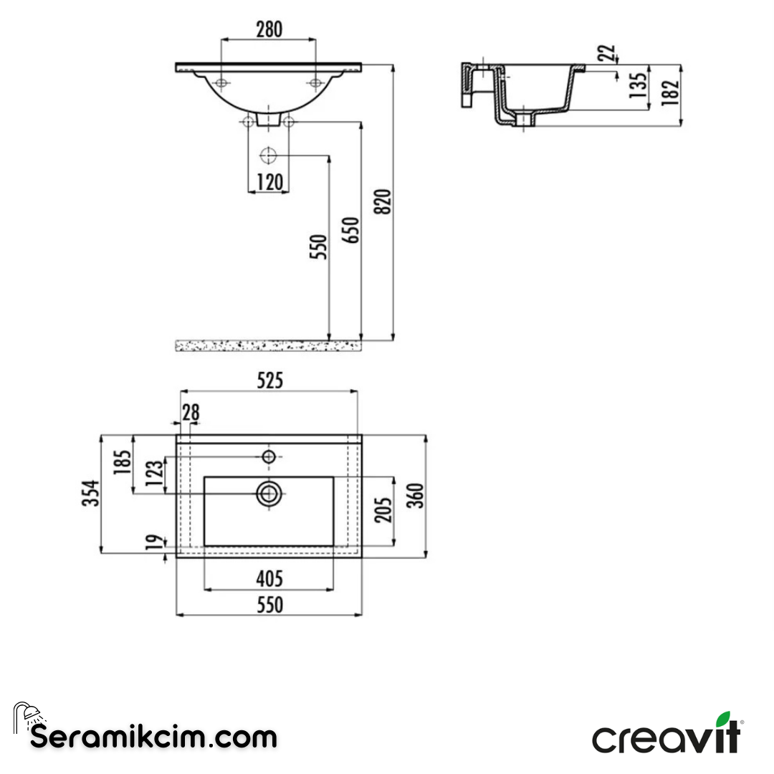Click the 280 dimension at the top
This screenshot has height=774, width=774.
[269, 29]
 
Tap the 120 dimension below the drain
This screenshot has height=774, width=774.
[269, 182]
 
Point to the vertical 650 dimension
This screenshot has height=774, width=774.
[351, 230]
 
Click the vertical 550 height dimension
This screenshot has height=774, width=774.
[319, 247]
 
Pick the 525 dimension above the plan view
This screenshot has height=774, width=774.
[269, 381]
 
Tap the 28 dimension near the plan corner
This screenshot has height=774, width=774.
[190, 412]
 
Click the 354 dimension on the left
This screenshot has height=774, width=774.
[90, 494]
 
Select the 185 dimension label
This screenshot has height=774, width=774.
[122, 464]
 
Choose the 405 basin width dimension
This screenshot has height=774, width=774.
[269, 578]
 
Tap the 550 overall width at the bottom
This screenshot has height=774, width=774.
[269, 605]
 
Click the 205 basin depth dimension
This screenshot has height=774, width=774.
[384, 510]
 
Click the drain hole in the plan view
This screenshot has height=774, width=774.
[269, 493]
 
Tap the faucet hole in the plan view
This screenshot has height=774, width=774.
[269, 457]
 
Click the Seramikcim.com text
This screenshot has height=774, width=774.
[153, 736]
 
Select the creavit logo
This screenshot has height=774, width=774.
[666, 735]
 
